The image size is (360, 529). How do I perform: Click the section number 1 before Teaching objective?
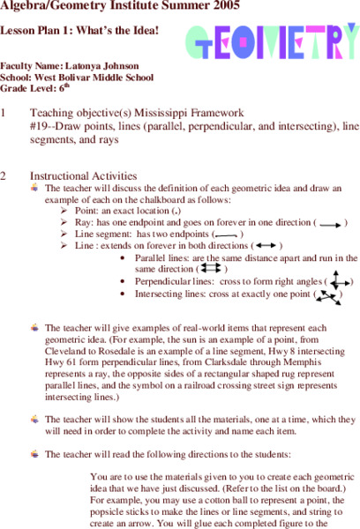pyautogui.click(x=4, y=113)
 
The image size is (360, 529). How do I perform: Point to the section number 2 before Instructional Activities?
pyautogui.click(x=4, y=175)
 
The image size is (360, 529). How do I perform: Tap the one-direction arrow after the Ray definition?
pyautogui.click(x=331, y=224)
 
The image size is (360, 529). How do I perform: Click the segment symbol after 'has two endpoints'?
pyautogui.click(x=227, y=235)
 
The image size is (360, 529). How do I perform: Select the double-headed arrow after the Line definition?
pyautogui.click(x=265, y=245)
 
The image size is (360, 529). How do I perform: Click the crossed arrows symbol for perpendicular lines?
pyautogui.click(x=339, y=281)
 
